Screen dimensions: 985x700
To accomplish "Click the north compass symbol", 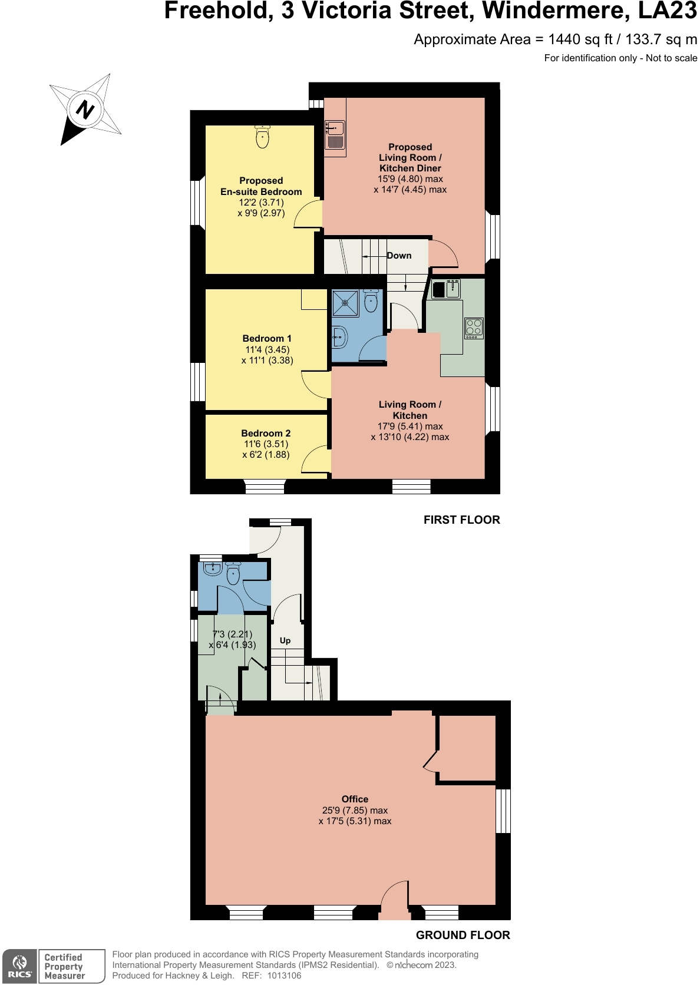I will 85,110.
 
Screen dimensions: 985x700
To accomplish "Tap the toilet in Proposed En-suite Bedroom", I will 262,137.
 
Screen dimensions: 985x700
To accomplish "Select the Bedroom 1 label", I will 267,338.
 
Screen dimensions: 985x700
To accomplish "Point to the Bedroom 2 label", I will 266,433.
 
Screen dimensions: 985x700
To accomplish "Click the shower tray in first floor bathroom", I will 345,303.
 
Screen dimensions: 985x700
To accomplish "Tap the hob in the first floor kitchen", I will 474,328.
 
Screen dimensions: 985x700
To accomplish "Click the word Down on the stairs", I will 399,256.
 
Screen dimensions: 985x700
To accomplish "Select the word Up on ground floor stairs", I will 285,640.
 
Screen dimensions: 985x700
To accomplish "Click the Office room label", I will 355,799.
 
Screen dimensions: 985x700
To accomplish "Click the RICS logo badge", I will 19,966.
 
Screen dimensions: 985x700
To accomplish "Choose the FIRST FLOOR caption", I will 461,520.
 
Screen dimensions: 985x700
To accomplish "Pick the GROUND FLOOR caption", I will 463,935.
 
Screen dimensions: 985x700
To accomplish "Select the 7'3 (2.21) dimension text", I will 232,634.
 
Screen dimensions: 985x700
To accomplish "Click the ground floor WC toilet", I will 233,573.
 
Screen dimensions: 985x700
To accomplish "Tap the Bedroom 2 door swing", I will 315,460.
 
